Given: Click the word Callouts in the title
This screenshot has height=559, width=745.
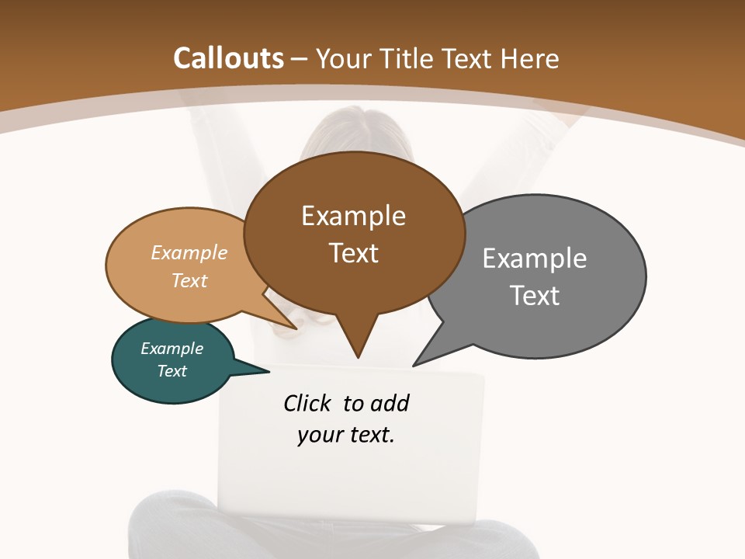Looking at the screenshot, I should [x=228, y=58].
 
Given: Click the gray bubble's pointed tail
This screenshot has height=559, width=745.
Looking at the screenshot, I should [x=417, y=363].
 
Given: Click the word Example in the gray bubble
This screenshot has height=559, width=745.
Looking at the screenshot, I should [x=535, y=259].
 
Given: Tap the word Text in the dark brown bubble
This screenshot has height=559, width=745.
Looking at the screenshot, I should [x=354, y=253].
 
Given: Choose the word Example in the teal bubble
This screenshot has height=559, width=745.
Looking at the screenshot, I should [x=172, y=349].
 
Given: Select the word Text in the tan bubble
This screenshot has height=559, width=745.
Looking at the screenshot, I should [x=189, y=280].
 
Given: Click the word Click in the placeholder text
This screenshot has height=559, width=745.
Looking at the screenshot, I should [x=307, y=404].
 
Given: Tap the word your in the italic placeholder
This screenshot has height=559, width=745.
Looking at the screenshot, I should [x=318, y=436].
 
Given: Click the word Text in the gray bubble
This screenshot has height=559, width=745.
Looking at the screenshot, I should [x=535, y=296].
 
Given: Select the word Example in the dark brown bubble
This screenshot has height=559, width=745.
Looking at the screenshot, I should [x=354, y=216].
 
